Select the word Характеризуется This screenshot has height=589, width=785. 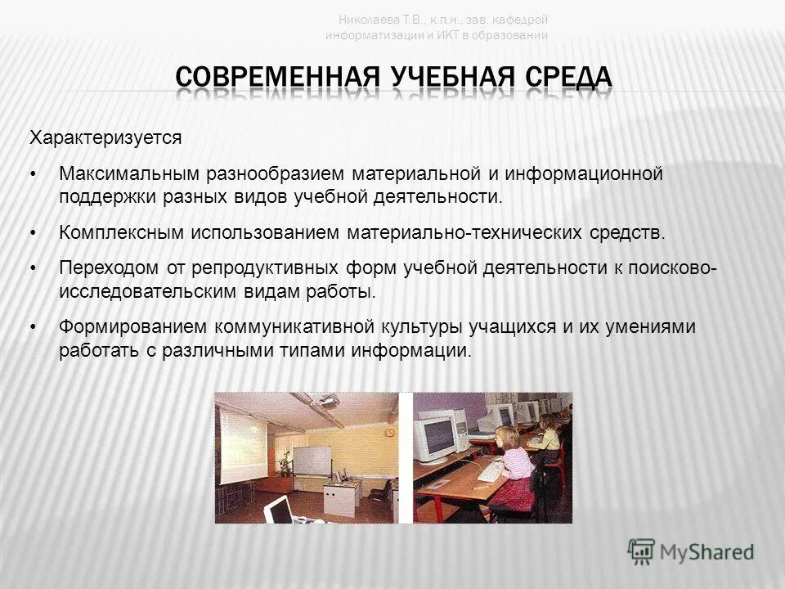click(105, 137)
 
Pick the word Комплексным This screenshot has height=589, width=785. click(122, 232)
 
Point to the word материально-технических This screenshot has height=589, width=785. click(464, 232)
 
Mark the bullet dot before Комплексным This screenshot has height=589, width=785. click(34, 233)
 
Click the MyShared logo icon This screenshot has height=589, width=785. click(641, 551)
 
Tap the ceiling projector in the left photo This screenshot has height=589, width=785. click(330, 402)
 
